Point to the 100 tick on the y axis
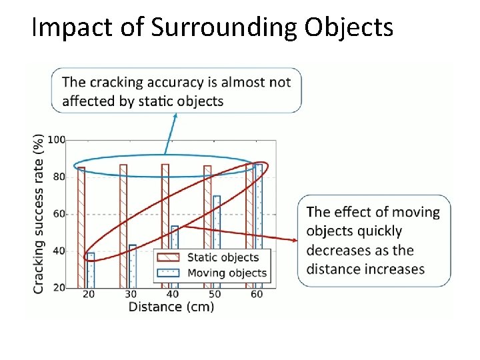point(57,140)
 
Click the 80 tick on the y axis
point(59,177)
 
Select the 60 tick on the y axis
point(59,214)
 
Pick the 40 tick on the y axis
point(59,251)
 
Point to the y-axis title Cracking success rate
point(39,213)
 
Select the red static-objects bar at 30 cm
point(123,227)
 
